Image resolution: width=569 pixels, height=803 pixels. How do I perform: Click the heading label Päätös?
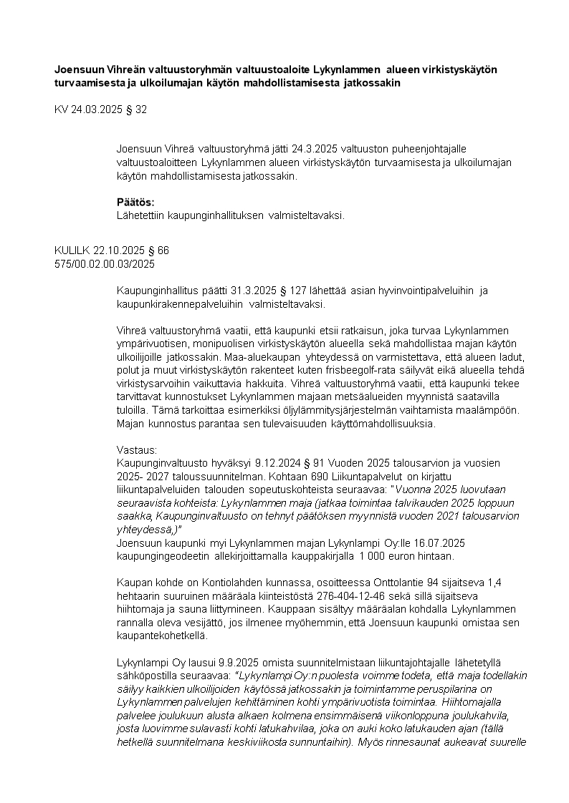135,202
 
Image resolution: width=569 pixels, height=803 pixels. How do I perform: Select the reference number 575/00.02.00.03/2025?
105,263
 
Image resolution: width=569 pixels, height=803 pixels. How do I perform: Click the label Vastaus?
136,450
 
